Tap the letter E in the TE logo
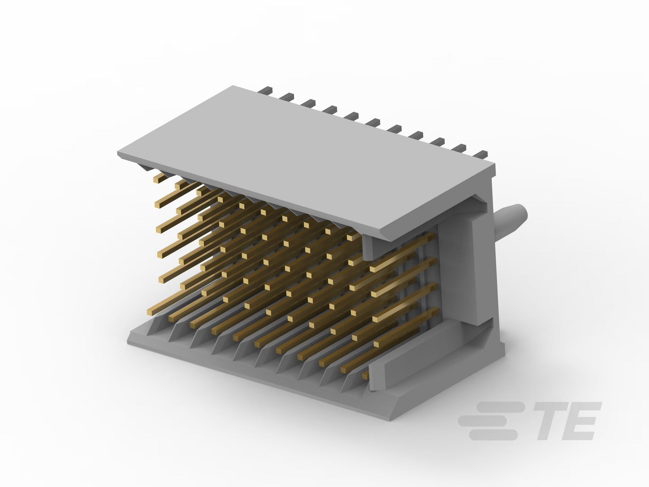point(582,421)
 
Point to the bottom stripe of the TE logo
point(493,435)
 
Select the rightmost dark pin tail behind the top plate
point(481,154)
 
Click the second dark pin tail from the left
point(287,96)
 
